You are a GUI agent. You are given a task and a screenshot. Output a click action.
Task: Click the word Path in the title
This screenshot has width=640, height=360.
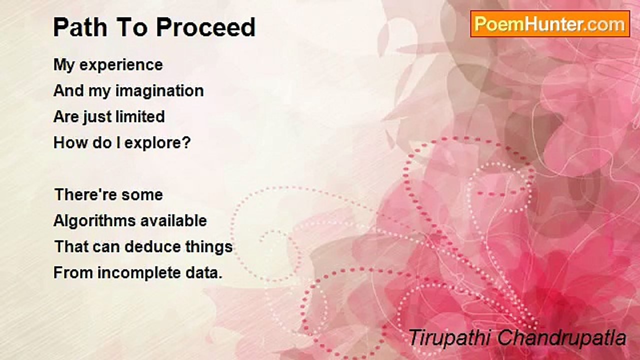(x=80, y=27)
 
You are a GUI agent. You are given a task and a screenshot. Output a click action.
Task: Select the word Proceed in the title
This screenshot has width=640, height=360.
(x=205, y=27)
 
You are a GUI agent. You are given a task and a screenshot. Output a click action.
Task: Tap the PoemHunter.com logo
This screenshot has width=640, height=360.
(x=550, y=24)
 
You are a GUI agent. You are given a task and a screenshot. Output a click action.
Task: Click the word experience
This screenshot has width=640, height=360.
(x=121, y=65)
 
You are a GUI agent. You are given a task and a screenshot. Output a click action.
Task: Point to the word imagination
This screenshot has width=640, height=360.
(x=159, y=91)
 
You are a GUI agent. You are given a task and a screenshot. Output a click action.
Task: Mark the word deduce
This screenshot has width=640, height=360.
(x=152, y=246)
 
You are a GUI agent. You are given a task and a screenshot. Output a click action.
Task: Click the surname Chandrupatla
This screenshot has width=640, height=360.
(x=561, y=338)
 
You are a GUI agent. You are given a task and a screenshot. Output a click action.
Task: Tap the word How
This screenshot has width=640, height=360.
(x=71, y=142)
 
